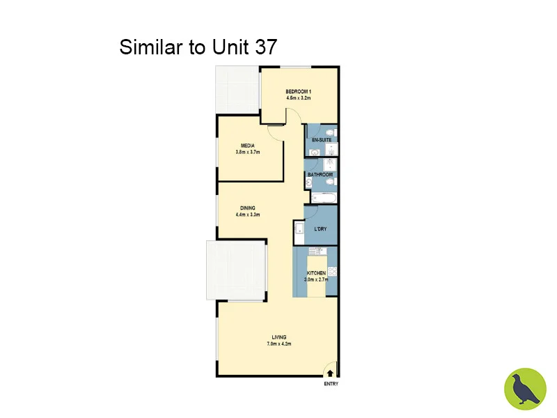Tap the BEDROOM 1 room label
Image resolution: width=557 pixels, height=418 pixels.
pyautogui.click(x=298, y=92)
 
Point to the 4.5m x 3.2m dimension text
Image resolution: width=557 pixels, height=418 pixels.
pyautogui.click(x=298, y=98)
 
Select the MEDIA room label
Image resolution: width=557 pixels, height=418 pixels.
pyautogui.click(x=247, y=146)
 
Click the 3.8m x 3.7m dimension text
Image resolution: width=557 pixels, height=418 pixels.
pyautogui.click(x=247, y=152)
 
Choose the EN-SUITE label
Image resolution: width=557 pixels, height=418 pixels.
pyautogui.click(x=321, y=141)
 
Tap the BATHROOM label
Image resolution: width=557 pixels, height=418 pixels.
pyautogui.click(x=320, y=174)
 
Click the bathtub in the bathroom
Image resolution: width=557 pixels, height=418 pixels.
pyautogui.click(x=321, y=199)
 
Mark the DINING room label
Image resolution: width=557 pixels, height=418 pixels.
pyautogui.click(x=247, y=208)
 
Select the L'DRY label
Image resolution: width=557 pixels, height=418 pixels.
pyautogui.click(x=321, y=228)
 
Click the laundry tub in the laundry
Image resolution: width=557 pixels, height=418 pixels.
pyautogui.click(x=299, y=230)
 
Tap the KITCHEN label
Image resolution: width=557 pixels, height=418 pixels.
pyautogui.click(x=317, y=273)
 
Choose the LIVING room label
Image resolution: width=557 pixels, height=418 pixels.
pyautogui.click(x=278, y=337)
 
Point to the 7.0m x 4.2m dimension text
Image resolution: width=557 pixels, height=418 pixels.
pyautogui.click(x=278, y=343)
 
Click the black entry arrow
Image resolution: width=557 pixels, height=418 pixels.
pyautogui.click(x=330, y=374)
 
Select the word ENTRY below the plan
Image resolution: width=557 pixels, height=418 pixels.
pyautogui.click(x=330, y=384)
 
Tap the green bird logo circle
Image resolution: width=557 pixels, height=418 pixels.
pyautogui.click(x=525, y=389)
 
